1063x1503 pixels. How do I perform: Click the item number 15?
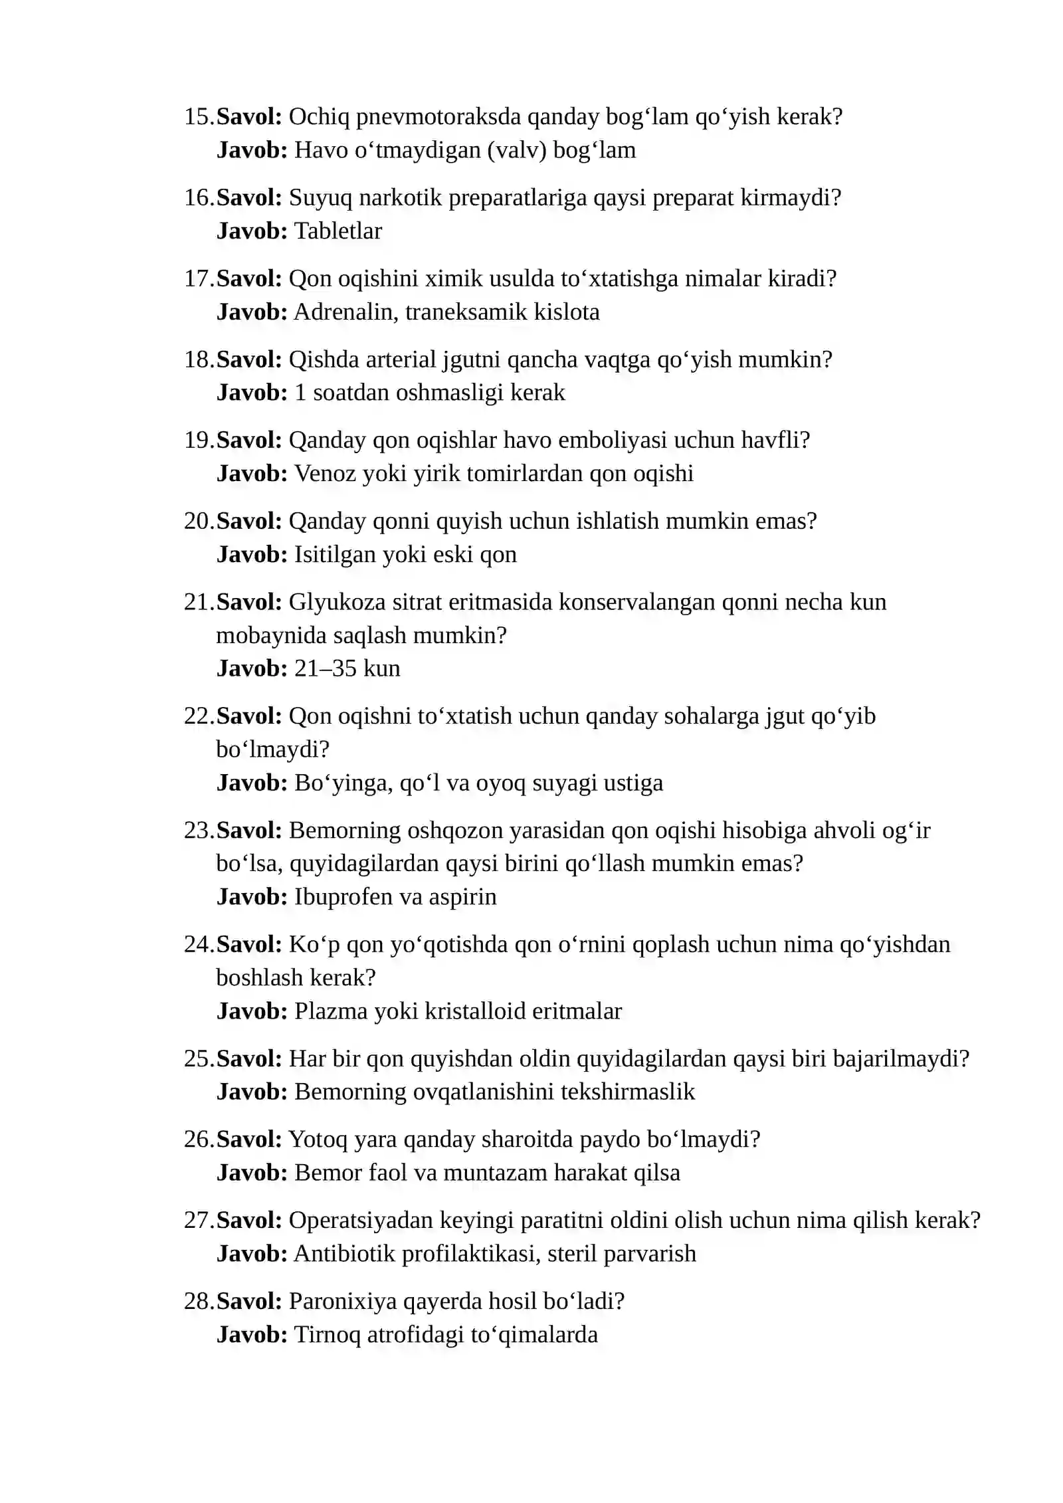(x=199, y=117)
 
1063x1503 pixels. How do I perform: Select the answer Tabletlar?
(x=338, y=231)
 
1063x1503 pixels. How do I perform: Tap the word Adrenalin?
(x=345, y=312)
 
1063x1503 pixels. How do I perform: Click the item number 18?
(x=199, y=359)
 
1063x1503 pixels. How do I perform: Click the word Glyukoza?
(x=337, y=602)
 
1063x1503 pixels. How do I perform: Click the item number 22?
(x=199, y=716)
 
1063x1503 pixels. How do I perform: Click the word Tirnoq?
(x=327, y=1335)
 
